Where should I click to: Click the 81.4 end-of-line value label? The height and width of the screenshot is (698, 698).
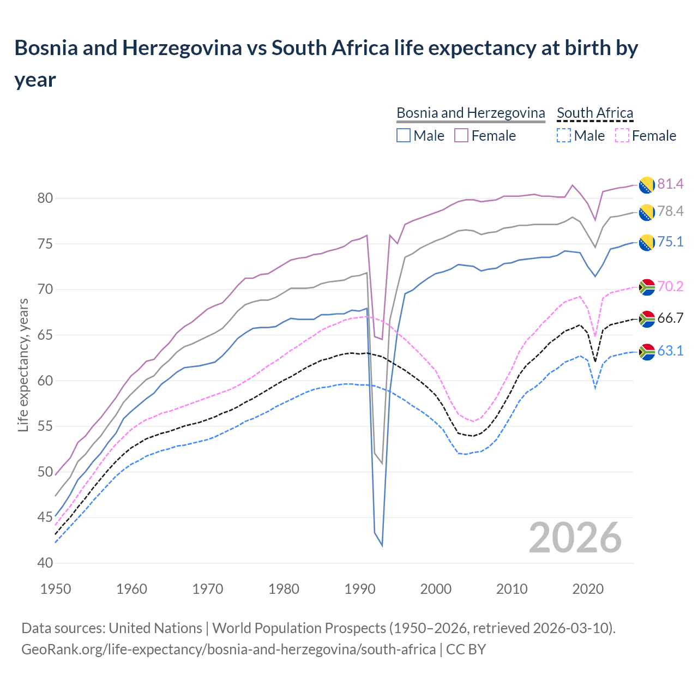(670, 184)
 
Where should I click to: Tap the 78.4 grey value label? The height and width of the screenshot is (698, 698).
(670, 212)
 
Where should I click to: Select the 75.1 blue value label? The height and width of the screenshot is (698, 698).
(670, 242)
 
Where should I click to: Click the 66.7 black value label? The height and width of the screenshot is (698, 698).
(670, 318)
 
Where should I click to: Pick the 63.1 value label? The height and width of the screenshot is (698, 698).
(670, 351)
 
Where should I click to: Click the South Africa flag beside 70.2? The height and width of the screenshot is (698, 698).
(647, 287)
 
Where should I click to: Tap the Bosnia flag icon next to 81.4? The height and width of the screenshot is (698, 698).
(647, 184)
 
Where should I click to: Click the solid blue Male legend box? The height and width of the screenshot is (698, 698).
(404, 135)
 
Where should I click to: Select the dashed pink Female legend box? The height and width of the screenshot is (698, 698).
(622, 135)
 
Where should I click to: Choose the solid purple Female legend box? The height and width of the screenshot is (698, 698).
(461, 135)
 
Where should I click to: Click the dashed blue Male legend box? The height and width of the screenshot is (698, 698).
(564, 135)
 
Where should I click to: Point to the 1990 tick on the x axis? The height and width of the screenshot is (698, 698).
(360, 589)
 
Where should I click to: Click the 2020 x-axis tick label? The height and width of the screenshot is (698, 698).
(588, 589)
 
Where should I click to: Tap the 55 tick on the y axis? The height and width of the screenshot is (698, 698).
(45, 426)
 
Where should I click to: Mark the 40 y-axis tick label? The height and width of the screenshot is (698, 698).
(45, 563)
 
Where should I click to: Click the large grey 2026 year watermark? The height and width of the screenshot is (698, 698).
(575, 538)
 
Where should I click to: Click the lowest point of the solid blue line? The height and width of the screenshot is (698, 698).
(382, 545)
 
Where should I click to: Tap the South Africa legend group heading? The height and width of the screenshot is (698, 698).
(595, 113)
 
